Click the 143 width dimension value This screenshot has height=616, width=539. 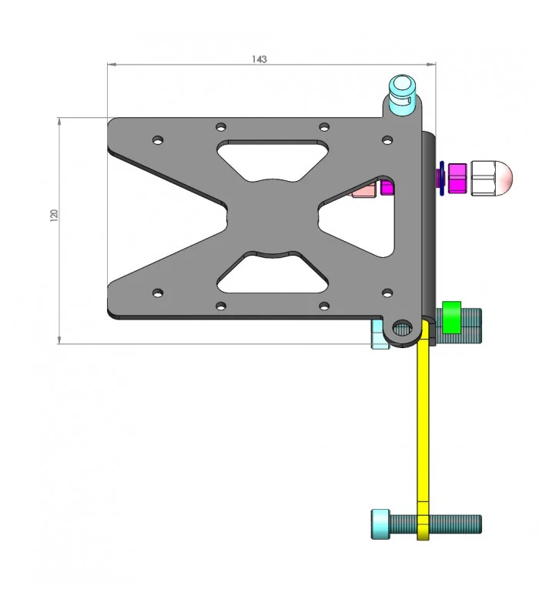click(x=259, y=59)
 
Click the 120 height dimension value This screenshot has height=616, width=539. click(x=54, y=216)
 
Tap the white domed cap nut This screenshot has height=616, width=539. click(x=492, y=178)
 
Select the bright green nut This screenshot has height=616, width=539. click(x=451, y=317)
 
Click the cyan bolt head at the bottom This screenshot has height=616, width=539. click(x=380, y=524)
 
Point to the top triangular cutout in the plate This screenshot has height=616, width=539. click(x=273, y=160)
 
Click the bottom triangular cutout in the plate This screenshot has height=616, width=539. click(x=273, y=273)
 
